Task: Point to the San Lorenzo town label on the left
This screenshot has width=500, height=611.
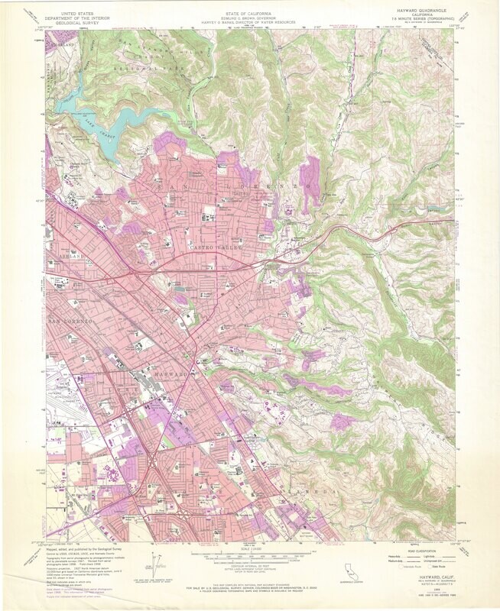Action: coord(71,322)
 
